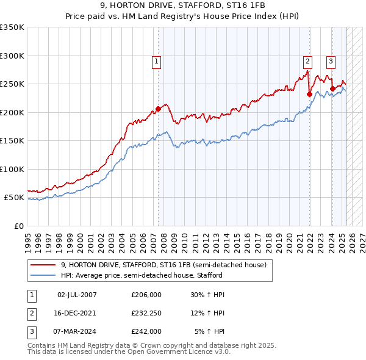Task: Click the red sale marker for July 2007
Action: [158, 109]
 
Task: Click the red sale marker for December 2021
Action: [309, 94]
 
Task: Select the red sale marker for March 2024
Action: [332, 88]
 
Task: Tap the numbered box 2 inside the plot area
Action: [307, 61]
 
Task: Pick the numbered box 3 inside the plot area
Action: [330, 61]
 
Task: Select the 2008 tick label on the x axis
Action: [166, 240]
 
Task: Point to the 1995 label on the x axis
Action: [27, 240]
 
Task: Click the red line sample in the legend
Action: [43, 265]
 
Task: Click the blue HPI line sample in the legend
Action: [43, 275]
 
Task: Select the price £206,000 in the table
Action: [146, 295]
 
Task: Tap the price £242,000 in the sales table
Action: [146, 331]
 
